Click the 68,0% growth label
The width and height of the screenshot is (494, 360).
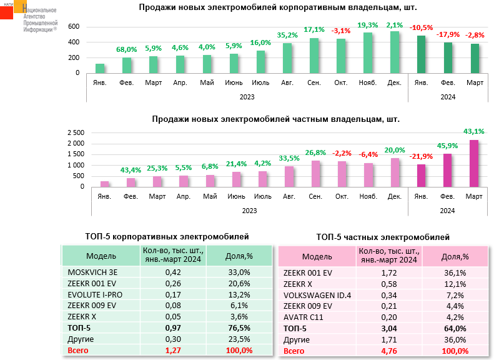click(126, 49)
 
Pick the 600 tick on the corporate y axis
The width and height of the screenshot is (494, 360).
click(74, 26)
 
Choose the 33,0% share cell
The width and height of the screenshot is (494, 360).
click(240, 272)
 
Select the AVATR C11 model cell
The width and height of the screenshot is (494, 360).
click(305, 317)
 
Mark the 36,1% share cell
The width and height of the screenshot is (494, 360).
click(454, 272)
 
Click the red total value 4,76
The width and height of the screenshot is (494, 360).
click(388, 351)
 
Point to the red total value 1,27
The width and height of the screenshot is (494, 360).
click(172, 351)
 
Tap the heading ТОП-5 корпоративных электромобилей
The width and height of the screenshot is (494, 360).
click(167, 236)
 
